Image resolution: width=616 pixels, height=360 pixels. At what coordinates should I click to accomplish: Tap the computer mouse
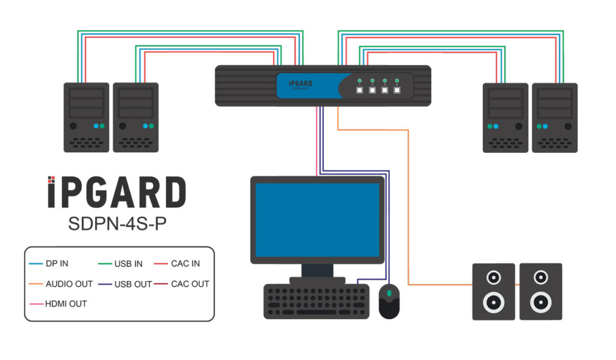(x=389, y=300)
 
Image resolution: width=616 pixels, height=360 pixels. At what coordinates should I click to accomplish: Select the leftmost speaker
(x=493, y=291)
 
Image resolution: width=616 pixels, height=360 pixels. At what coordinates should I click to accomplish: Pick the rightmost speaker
(x=540, y=291)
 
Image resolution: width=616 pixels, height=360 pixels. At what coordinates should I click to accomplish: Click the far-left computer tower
(x=87, y=117)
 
